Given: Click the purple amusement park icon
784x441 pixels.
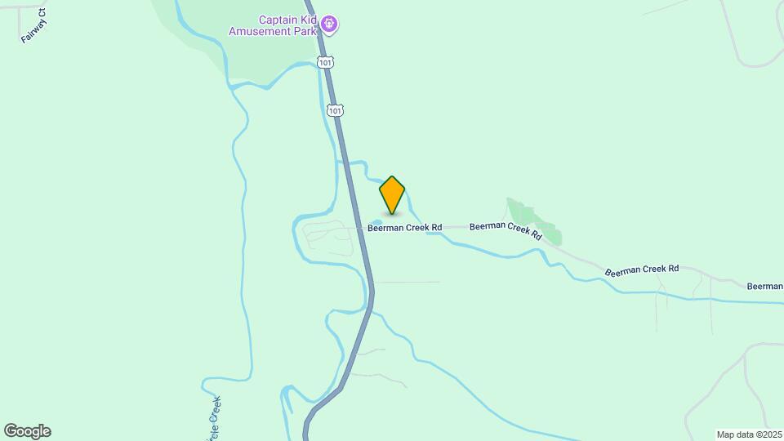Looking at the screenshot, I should pyautogui.click(x=329, y=24).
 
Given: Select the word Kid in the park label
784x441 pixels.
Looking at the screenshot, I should pyautogui.click(x=310, y=20).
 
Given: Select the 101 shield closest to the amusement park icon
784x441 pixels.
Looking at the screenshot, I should pyautogui.click(x=326, y=62).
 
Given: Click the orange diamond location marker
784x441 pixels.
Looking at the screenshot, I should pyautogui.click(x=392, y=195).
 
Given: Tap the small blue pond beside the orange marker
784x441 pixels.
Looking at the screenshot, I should pyautogui.click(x=376, y=222).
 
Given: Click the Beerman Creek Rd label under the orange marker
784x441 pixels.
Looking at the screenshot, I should pyautogui.click(x=404, y=228).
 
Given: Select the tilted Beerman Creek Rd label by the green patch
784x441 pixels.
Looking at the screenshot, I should pyautogui.click(x=506, y=229).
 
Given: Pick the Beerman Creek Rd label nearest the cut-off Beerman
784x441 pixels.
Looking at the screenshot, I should pyautogui.click(x=641, y=269).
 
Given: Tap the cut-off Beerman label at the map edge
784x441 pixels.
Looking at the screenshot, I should pyautogui.click(x=765, y=286).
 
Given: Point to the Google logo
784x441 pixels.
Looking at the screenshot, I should pyautogui.click(x=27, y=431).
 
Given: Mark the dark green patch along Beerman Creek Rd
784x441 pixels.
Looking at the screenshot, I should pyautogui.click(x=537, y=221).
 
